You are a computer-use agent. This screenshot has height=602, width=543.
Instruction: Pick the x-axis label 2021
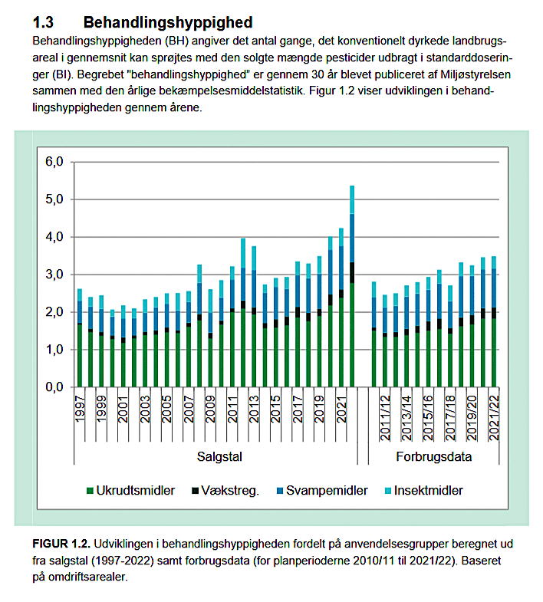click(x=341, y=410)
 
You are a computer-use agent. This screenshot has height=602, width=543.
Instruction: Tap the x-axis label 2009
click(x=210, y=410)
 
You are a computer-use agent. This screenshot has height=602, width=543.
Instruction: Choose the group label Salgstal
click(x=219, y=458)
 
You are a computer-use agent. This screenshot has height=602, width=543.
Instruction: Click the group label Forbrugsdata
click(x=434, y=458)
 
